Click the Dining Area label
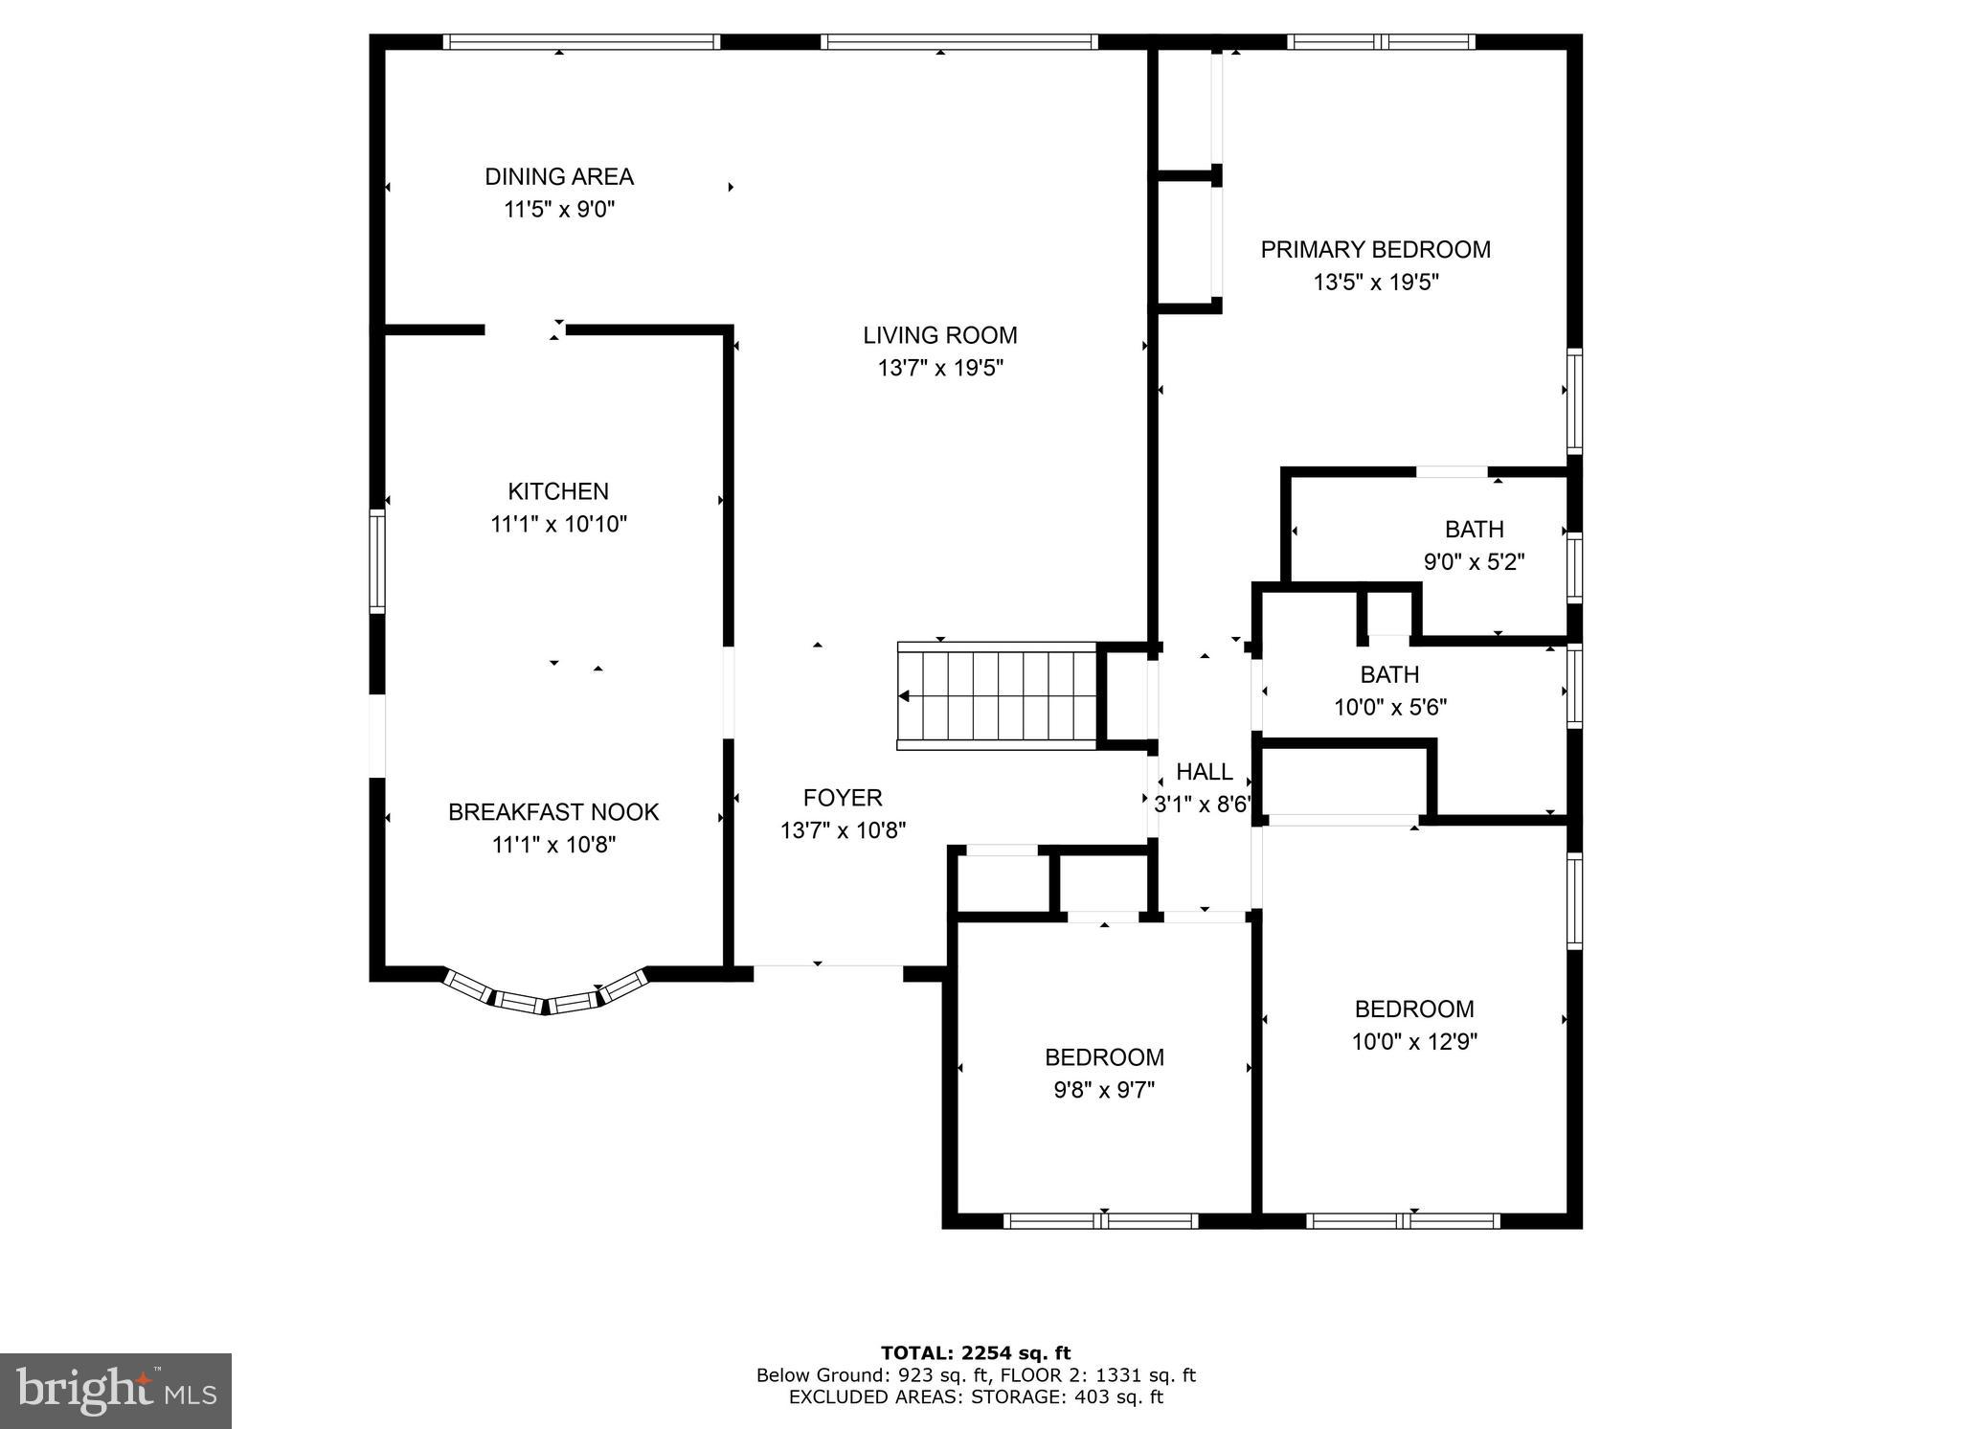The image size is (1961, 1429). click(558, 177)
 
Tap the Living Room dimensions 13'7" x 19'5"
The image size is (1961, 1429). click(939, 368)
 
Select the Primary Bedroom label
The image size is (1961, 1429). click(1375, 250)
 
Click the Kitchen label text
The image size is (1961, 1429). click(558, 491)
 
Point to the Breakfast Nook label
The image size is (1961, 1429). click(553, 812)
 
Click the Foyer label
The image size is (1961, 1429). click(843, 798)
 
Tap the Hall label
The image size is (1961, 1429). click(1204, 772)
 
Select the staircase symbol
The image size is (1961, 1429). click(996, 695)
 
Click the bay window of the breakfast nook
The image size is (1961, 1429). click(546, 999)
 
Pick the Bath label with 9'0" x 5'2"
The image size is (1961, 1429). click(1474, 530)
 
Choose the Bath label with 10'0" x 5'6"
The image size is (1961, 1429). click(1389, 675)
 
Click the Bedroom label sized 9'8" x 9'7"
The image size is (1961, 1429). click(1104, 1057)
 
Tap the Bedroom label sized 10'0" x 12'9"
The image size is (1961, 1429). click(1414, 1009)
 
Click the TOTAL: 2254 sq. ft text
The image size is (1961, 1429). click(976, 1353)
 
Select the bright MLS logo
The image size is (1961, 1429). click(115, 1391)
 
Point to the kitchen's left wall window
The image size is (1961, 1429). click(377, 561)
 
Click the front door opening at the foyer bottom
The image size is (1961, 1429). click(828, 973)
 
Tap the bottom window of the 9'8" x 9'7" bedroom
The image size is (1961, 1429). click(1100, 1221)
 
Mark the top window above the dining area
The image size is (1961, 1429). click(581, 42)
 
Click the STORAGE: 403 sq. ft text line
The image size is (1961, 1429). click(976, 1397)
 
